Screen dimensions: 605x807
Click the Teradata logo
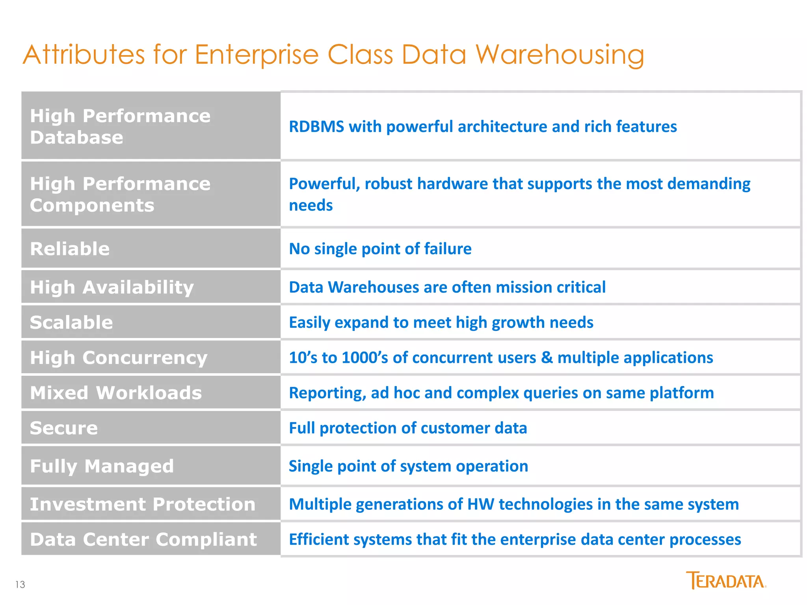click(726, 581)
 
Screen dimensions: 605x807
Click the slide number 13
click(20, 585)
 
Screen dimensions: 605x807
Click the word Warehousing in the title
click(560, 55)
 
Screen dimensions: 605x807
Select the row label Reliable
click(70, 249)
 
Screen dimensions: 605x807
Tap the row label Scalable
click(71, 322)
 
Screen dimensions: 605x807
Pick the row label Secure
click(64, 428)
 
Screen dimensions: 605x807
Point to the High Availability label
click(112, 287)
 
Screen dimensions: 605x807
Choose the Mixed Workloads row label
click(116, 393)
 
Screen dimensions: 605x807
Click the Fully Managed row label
click(102, 466)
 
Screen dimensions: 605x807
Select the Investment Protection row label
click(143, 504)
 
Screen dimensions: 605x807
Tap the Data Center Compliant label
click(143, 539)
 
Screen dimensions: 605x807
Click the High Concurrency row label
click(119, 358)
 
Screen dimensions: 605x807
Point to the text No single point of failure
click(380, 249)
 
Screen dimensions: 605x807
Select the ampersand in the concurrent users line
click(547, 358)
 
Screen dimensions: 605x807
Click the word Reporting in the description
click(327, 393)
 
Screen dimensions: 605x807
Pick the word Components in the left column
click(92, 205)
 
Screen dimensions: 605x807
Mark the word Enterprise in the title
click(257, 55)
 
